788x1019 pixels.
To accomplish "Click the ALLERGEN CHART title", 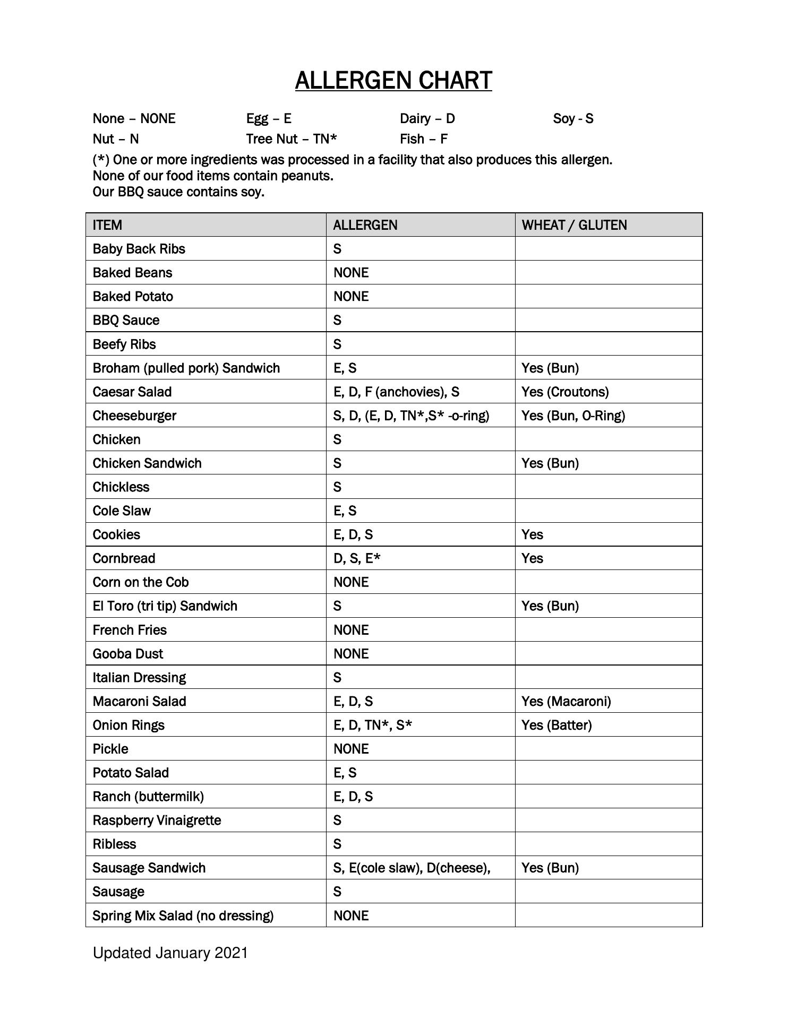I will tap(393, 81).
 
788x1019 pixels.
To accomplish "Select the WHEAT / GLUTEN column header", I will tap(574, 225).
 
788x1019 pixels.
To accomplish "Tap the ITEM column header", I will tap(107, 225).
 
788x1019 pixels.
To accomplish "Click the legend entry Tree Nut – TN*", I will tap(292, 139).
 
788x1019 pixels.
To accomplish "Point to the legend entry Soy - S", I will tap(573, 118).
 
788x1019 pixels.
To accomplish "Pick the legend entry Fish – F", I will tap(424, 139).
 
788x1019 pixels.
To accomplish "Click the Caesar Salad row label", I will tap(132, 392).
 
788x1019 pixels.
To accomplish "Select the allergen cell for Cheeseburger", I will tap(411, 416).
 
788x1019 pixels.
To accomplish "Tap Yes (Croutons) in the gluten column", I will tap(565, 392).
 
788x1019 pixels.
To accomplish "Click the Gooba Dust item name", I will tap(128, 653).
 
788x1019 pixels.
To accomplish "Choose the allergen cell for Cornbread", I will tap(357, 558).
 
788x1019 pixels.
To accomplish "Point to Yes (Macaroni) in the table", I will tap(566, 701).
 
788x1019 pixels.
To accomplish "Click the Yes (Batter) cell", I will tap(556, 725).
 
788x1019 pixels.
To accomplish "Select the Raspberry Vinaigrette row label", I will tap(157, 820).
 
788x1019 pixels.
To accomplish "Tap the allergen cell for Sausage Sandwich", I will tap(412, 868).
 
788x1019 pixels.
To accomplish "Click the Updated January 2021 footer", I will tap(170, 953).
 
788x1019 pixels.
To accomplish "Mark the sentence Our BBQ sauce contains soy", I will tap(178, 192).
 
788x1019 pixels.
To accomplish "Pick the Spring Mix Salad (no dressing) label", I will tap(183, 916).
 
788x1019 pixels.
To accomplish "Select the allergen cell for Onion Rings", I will tap(373, 725).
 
